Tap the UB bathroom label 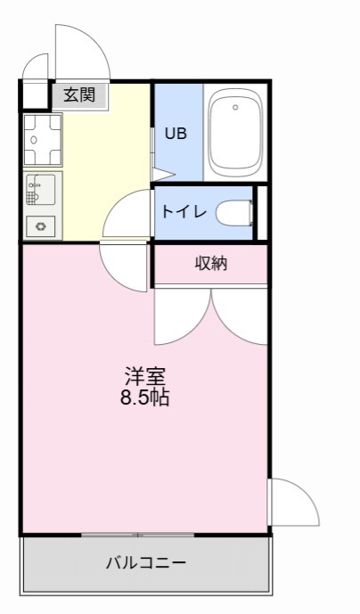[x=176, y=134]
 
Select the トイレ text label [x=184, y=212]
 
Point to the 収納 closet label [x=211, y=263]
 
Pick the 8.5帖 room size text [x=145, y=398]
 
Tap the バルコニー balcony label [x=145, y=563]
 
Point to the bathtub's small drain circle [x=235, y=108]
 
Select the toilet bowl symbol [x=234, y=212]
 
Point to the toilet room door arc [x=125, y=214]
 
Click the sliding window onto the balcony [x=138, y=535]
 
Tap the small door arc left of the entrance [x=36, y=67]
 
